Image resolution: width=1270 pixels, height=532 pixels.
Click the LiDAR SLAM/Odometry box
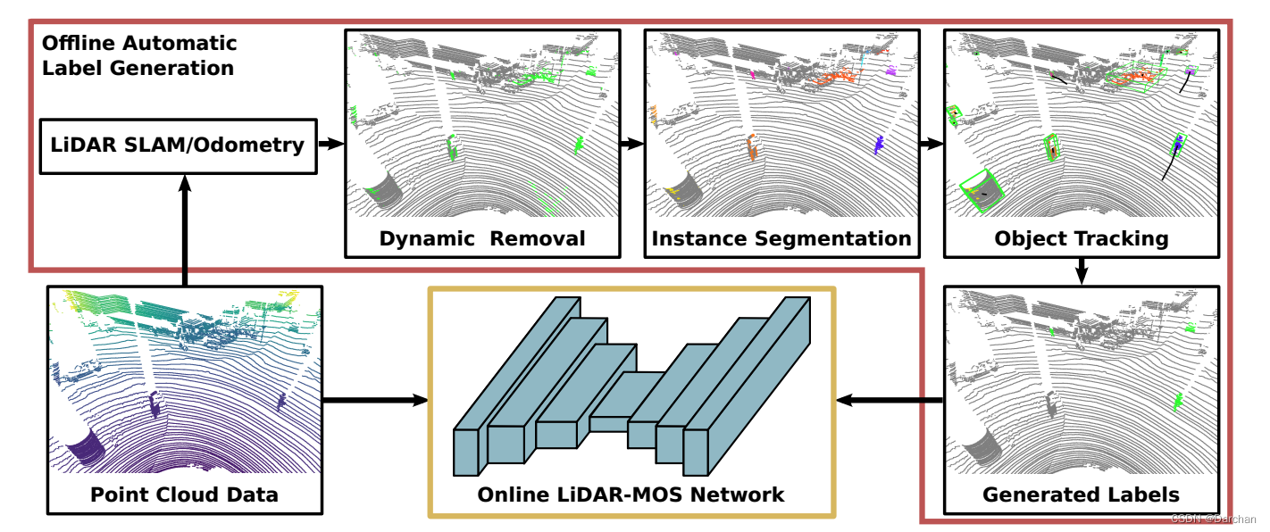click(x=179, y=145)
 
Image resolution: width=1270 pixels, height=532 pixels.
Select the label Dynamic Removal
click(x=482, y=238)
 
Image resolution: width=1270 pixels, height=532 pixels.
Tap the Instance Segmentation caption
click(x=781, y=238)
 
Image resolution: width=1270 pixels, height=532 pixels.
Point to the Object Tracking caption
click(x=1081, y=238)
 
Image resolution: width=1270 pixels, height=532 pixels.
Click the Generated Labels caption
click(x=1081, y=495)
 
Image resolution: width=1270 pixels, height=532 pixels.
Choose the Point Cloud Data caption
click(x=184, y=495)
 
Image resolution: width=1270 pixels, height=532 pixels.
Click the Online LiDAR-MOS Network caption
click(x=631, y=495)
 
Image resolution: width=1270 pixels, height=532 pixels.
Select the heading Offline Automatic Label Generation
click(x=139, y=55)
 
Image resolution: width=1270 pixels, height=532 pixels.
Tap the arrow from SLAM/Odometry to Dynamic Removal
click(x=331, y=144)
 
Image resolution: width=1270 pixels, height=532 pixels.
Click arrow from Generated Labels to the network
click(x=890, y=400)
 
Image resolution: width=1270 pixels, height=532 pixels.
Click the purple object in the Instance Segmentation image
click(x=879, y=144)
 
